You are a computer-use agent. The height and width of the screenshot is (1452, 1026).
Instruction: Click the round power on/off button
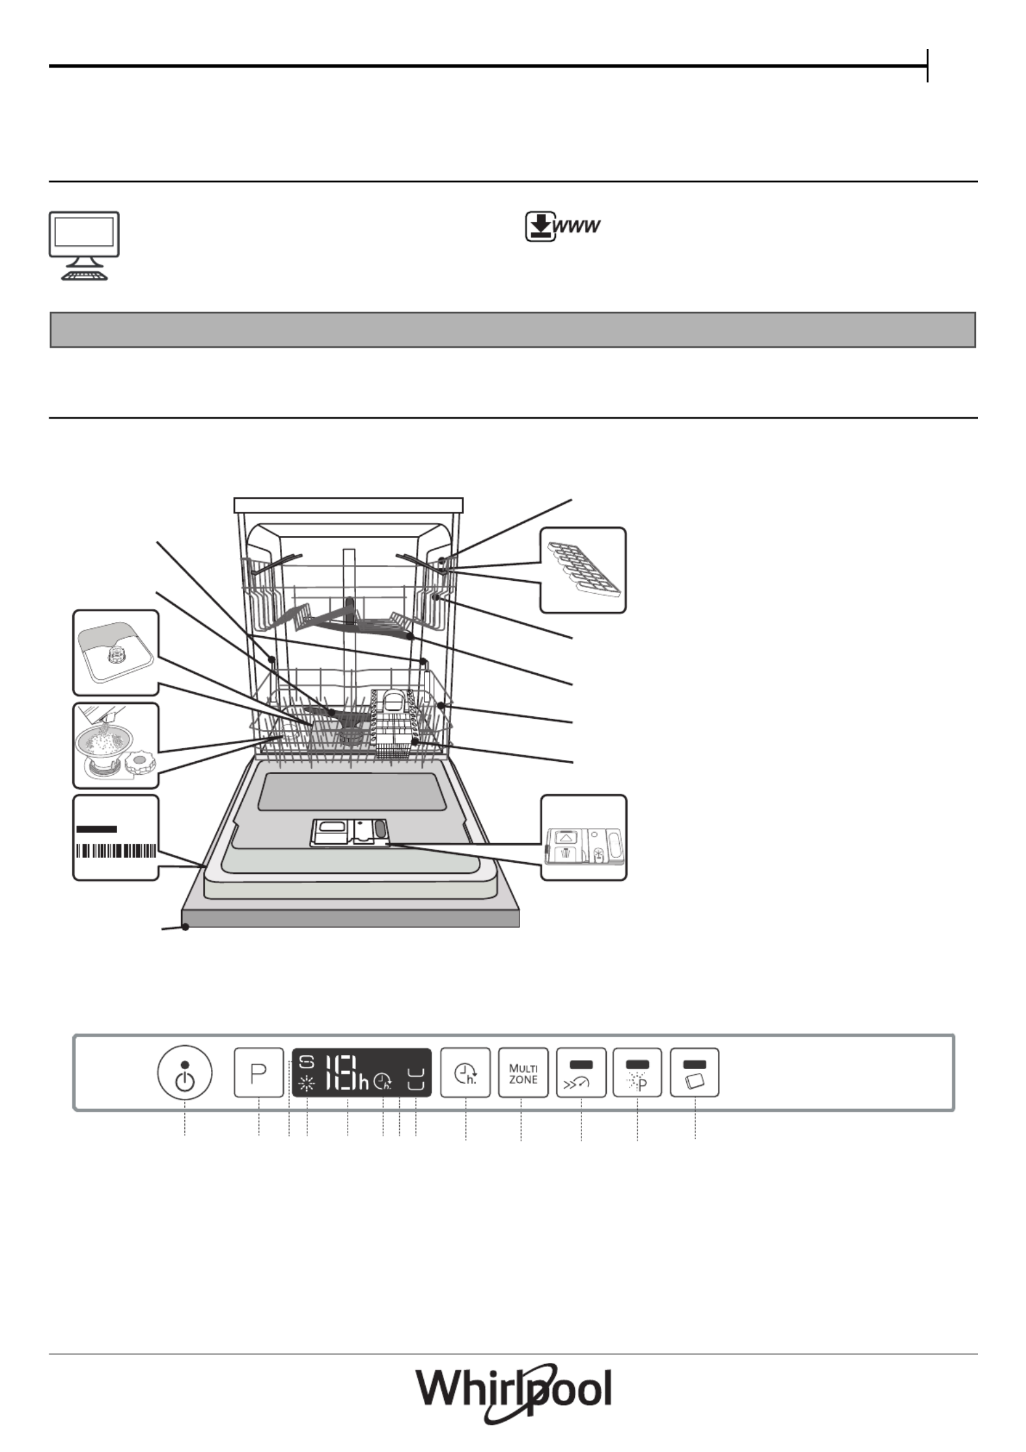point(185,1073)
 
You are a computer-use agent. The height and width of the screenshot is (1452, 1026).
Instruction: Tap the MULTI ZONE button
point(523,1073)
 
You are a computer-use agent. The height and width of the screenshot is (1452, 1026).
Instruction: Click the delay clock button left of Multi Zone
point(465,1073)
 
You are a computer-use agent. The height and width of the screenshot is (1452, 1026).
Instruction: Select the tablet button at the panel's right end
point(695,1073)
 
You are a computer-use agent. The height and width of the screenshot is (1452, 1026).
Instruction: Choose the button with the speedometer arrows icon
point(581,1073)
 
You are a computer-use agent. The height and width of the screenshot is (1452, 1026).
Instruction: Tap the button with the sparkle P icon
point(637,1073)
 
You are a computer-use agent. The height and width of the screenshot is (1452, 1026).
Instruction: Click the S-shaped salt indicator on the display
point(307,1063)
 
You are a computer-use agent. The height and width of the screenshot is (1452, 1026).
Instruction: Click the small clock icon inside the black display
point(383,1082)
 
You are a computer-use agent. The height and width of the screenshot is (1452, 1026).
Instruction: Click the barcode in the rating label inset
point(117,851)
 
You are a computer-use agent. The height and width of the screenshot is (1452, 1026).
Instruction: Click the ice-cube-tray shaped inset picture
point(583,570)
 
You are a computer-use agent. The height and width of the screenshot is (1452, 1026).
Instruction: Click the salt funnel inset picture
point(116,746)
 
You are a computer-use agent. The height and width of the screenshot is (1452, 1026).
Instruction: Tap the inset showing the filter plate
point(116,652)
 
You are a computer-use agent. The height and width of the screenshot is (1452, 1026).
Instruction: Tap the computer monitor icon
point(85,245)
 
